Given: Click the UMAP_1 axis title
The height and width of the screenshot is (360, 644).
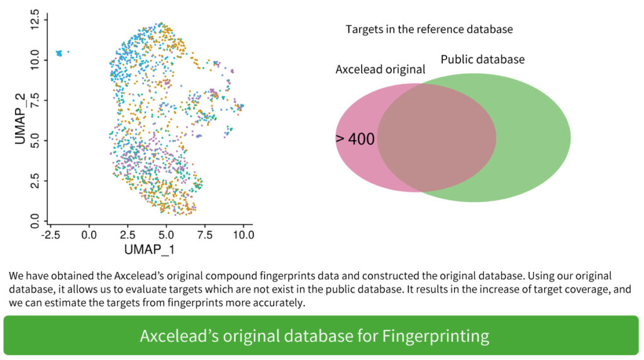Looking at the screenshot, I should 149,249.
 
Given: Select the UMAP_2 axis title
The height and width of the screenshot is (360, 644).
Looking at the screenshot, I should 20,120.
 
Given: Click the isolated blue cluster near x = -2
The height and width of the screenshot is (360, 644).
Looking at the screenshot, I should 60,53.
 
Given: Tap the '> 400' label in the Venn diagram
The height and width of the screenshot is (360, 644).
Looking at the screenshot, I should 355,139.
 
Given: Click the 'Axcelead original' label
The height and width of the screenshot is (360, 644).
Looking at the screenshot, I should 380,69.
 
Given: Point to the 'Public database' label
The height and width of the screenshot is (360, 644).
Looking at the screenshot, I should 482,60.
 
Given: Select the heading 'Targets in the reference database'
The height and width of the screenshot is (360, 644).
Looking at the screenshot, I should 429,30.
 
